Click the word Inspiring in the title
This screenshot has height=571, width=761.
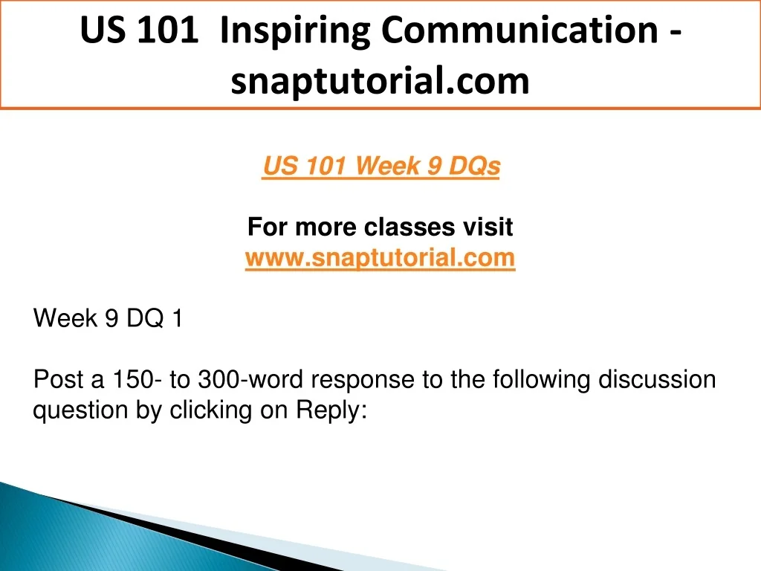(x=294, y=31)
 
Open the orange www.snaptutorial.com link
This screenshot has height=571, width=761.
(x=380, y=257)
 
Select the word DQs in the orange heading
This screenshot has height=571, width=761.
(x=474, y=166)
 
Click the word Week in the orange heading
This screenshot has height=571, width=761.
(x=387, y=166)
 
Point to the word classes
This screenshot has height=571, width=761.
(x=409, y=227)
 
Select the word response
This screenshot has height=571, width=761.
(x=363, y=380)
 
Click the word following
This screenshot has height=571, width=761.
(x=542, y=380)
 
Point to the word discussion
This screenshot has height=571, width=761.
(x=657, y=379)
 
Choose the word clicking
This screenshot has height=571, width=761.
(x=210, y=410)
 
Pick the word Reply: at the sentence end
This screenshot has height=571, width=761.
(x=331, y=410)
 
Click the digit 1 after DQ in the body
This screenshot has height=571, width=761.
(x=177, y=318)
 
